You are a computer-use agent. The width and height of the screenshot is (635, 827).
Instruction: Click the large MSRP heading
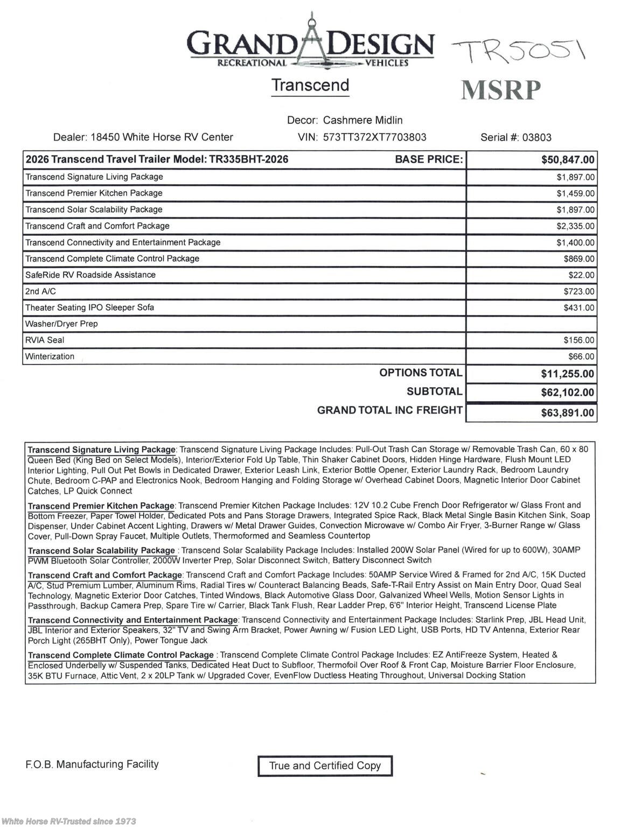pos(501,90)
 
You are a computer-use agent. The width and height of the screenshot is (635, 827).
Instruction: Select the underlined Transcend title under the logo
pos(310,85)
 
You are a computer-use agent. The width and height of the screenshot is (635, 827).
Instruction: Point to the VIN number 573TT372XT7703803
pos(374,137)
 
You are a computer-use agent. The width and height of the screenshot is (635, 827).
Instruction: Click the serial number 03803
pos(536,137)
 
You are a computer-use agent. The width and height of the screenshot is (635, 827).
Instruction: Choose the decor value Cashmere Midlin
pos(362,120)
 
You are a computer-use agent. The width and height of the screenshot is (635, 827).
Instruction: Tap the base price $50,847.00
pos(568,160)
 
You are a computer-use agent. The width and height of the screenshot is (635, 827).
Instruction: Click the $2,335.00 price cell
pos(575,226)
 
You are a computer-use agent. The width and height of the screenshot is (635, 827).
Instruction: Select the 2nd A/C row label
pos(40,291)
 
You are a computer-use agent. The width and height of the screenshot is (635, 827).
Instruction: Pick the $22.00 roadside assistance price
pos(581,275)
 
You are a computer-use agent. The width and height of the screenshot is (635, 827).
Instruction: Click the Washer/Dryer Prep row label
pos(61,324)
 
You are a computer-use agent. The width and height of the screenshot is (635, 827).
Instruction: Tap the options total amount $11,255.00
pos(567,374)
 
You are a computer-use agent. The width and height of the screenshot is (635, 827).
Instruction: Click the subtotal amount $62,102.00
pos(567,393)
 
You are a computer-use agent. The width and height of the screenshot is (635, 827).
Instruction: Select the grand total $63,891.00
pos(567,413)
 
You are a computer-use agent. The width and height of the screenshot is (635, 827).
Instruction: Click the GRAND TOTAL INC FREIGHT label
pos(389,410)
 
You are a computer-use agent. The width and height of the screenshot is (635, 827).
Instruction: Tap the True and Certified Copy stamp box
pos(325,766)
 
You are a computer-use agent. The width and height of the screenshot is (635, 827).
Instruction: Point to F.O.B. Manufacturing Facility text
pos(92,764)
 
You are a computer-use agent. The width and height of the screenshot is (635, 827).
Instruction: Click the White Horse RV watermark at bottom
pos(68,821)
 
